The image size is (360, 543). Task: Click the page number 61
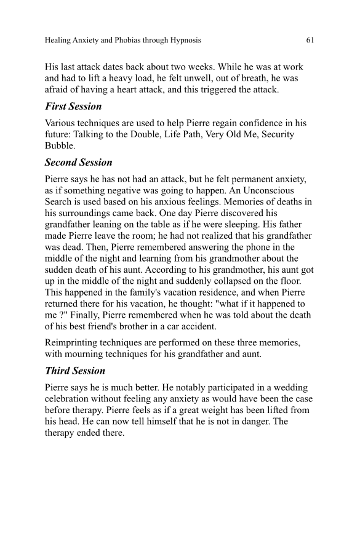tap(310, 41)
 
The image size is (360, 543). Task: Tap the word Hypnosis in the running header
tap(183, 41)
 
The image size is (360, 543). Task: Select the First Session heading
tap(73, 107)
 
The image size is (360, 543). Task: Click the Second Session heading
tap(79, 163)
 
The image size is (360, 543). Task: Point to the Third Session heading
tap(75, 371)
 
